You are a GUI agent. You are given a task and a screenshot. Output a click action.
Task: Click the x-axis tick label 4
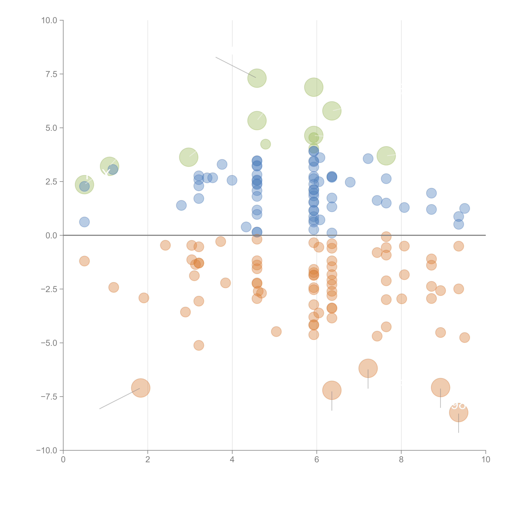(x=232, y=460)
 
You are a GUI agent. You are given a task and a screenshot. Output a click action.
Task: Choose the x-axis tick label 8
(x=401, y=460)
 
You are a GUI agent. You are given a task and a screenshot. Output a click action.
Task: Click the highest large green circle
(x=257, y=78)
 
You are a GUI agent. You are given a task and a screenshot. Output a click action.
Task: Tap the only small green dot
(x=266, y=144)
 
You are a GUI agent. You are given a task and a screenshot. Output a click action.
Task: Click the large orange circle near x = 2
(x=141, y=388)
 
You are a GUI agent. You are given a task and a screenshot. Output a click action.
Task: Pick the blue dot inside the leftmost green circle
(x=84, y=186)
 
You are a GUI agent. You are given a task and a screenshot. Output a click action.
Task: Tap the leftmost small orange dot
(x=84, y=261)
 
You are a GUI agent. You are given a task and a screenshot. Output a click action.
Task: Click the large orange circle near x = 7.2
(x=368, y=368)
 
